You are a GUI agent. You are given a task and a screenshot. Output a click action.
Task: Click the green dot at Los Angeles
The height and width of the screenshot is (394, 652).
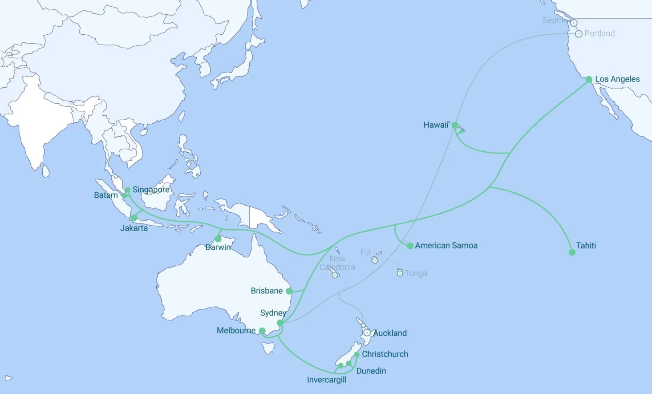(589, 79)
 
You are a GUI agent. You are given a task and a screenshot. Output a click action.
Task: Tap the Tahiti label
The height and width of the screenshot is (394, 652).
(586, 245)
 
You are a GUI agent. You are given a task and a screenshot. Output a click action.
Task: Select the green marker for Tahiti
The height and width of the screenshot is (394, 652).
(572, 252)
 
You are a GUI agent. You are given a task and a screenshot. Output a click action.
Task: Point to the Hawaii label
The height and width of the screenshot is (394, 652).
(436, 125)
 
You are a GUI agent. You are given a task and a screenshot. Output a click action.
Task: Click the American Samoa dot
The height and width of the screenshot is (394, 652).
(410, 245)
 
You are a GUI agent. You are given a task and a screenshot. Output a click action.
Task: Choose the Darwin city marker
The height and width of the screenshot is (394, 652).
(218, 239)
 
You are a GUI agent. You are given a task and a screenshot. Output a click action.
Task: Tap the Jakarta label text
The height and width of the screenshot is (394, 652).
(134, 228)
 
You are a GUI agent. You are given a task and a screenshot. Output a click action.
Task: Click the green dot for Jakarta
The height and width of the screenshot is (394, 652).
(134, 218)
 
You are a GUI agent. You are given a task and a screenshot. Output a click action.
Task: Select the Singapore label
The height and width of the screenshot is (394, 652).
(151, 190)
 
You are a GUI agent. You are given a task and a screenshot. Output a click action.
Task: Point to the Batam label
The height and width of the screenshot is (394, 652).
(106, 195)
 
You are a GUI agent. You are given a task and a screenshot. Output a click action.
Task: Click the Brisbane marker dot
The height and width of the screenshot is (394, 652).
(289, 291)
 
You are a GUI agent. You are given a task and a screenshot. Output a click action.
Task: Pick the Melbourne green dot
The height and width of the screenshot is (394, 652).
(262, 331)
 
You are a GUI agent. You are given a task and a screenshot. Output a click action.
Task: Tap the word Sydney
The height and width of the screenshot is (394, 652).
(273, 313)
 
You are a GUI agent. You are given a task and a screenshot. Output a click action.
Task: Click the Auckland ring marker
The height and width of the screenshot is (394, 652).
(367, 333)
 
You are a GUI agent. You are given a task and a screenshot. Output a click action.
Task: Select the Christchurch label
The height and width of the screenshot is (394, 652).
(385, 354)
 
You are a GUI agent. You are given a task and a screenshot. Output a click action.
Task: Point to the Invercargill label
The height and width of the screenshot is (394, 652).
(327, 380)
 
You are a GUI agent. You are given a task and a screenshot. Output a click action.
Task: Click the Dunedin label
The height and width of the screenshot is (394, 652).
(371, 371)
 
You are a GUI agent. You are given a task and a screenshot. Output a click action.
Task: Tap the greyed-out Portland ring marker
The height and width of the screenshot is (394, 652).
(579, 34)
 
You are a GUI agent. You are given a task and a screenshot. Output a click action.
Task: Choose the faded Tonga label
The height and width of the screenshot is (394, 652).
(416, 273)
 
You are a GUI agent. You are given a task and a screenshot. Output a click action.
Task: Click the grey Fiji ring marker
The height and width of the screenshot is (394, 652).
(375, 260)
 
